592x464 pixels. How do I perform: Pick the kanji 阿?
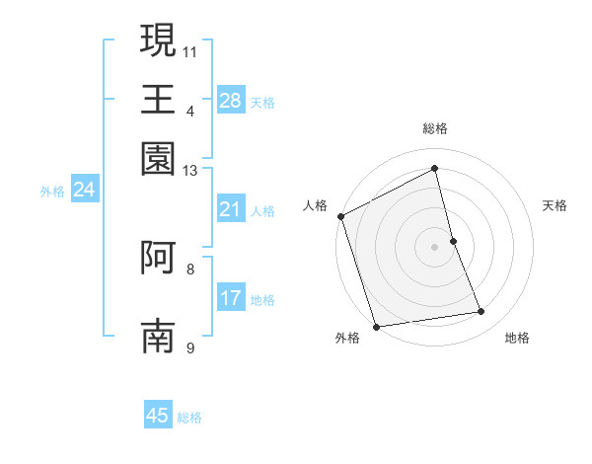[x=159, y=257]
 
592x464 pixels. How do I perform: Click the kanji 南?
[x=159, y=336]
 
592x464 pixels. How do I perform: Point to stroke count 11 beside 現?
[x=190, y=49]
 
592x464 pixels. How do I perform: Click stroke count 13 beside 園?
[x=190, y=170]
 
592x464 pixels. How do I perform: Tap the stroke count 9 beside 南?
[x=190, y=348]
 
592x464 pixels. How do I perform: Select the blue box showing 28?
[x=231, y=101]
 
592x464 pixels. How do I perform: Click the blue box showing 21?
[x=231, y=209]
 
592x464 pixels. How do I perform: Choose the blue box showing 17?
[x=231, y=298]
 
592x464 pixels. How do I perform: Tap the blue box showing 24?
[x=84, y=191]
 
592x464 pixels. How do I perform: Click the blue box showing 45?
[x=158, y=416]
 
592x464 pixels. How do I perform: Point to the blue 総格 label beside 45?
[x=189, y=418]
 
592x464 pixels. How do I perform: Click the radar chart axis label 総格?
[x=435, y=128]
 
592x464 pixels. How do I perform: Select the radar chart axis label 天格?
[x=555, y=205]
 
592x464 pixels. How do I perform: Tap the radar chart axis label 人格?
[x=316, y=205]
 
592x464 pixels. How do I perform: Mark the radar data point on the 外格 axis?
[x=376, y=326]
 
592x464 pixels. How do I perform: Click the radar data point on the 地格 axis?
[x=481, y=312]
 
